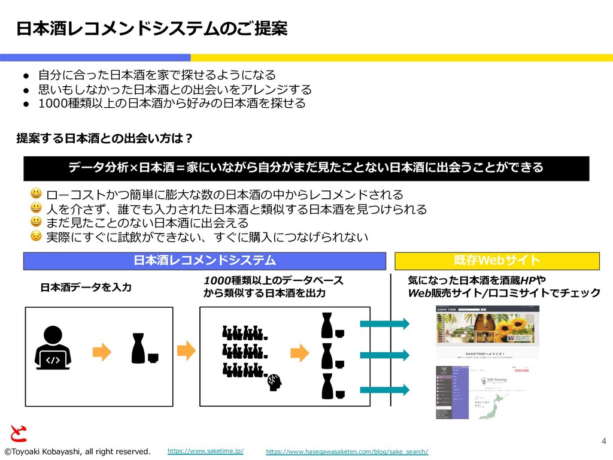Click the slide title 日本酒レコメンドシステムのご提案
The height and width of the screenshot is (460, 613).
pos(151,28)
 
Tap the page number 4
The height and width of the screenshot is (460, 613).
pos(603,441)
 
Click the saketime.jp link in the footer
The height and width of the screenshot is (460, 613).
pos(205,450)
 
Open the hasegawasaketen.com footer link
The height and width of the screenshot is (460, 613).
pos(347,451)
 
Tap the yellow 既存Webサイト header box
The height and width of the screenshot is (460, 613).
pos(497,261)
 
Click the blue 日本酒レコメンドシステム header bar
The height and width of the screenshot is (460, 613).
pos(204,261)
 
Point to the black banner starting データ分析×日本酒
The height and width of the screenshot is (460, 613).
pos(306,168)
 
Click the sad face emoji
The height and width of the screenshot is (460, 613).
pos(37,236)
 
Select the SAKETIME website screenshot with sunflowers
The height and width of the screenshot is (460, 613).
pos(487,332)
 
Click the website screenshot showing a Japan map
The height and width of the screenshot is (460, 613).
pos(487,392)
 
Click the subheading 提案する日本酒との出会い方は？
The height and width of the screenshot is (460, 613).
pos(104,139)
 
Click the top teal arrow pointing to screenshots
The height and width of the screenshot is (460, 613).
pos(384,324)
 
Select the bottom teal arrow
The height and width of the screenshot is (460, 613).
pos(384,390)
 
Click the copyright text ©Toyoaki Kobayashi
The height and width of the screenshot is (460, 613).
pos(77,451)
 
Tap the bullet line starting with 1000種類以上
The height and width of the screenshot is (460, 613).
pos(172,104)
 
